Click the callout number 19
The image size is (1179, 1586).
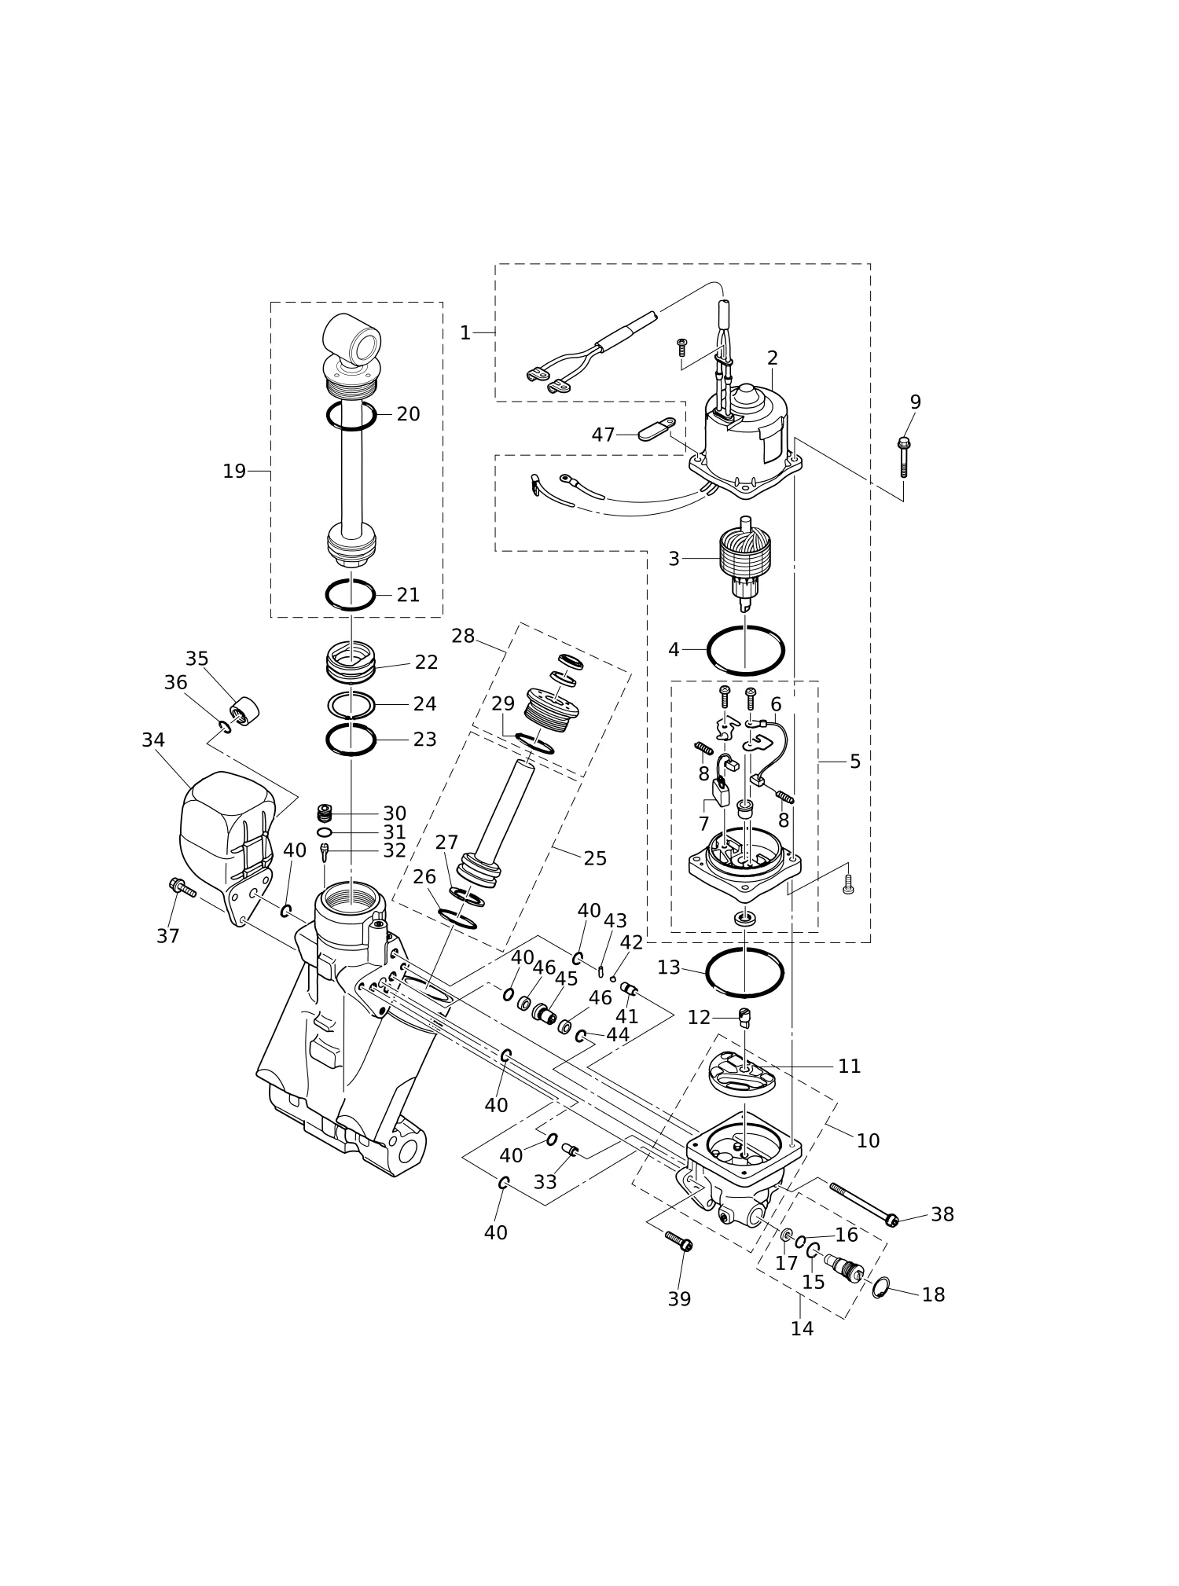[x=234, y=472]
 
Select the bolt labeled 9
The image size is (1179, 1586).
[x=904, y=457]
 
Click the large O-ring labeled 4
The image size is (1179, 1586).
[x=745, y=651]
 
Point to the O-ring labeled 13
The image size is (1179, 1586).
[x=744, y=972]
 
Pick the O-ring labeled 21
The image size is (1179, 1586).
[x=351, y=595]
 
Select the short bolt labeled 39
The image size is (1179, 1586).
[x=678, y=1241]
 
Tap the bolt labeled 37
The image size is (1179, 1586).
[x=182, y=888]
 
